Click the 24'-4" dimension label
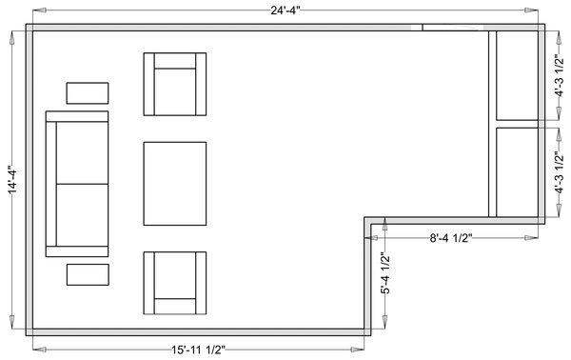[285, 10]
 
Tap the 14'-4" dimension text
[12, 180]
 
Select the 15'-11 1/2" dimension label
[199, 350]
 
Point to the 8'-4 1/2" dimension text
[451, 238]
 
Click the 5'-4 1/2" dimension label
[385, 273]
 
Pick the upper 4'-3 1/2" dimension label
[559, 75]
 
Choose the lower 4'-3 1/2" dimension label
[559, 172]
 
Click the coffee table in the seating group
[175, 184]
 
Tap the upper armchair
[175, 84]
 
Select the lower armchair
[175, 283]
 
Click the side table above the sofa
[88, 93]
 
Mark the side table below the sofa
[88, 274]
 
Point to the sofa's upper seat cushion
[82, 153]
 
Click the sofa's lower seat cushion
[82, 215]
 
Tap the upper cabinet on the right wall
[517, 75]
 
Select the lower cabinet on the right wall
[517, 172]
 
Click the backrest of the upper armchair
[175, 61]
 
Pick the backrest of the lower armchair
[175, 307]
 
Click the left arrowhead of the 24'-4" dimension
[39, 10]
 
